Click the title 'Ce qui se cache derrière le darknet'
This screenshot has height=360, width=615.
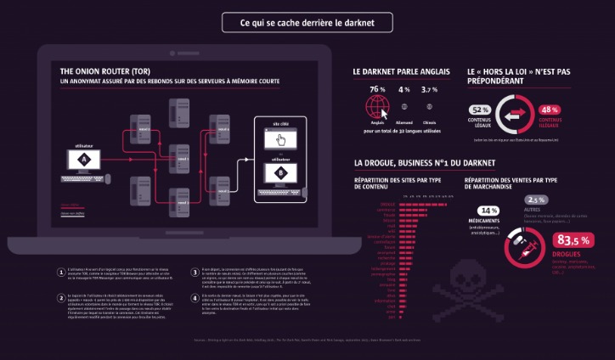tap(307, 21)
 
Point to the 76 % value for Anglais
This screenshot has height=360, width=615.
tap(377, 89)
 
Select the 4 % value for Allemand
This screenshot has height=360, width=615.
tap(403, 89)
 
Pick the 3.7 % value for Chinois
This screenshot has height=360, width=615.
tap(430, 89)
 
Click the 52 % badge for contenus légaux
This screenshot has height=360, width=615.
tap(479, 110)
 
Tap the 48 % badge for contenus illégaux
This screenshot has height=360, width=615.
tap(549, 110)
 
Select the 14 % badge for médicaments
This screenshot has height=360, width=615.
tap(488, 211)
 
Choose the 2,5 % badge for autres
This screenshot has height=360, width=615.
tap(542, 200)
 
